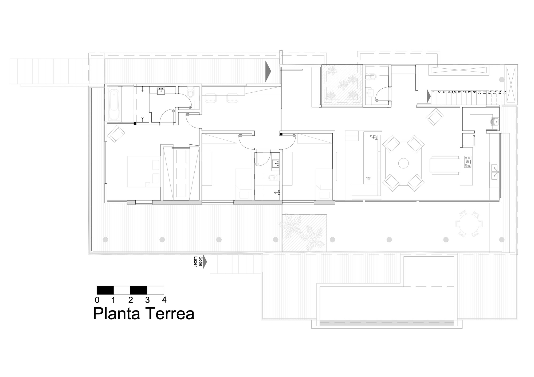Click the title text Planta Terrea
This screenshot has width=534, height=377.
(x=144, y=314)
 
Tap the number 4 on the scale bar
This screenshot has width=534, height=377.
(x=164, y=300)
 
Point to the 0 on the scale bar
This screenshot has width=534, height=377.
(x=97, y=300)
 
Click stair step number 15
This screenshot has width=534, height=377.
(x=504, y=93)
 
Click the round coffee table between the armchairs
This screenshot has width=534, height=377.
(x=403, y=163)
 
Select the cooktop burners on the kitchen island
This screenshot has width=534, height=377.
(x=467, y=162)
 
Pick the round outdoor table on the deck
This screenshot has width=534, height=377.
(x=469, y=224)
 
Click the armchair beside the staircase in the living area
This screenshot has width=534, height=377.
(x=435, y=116)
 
